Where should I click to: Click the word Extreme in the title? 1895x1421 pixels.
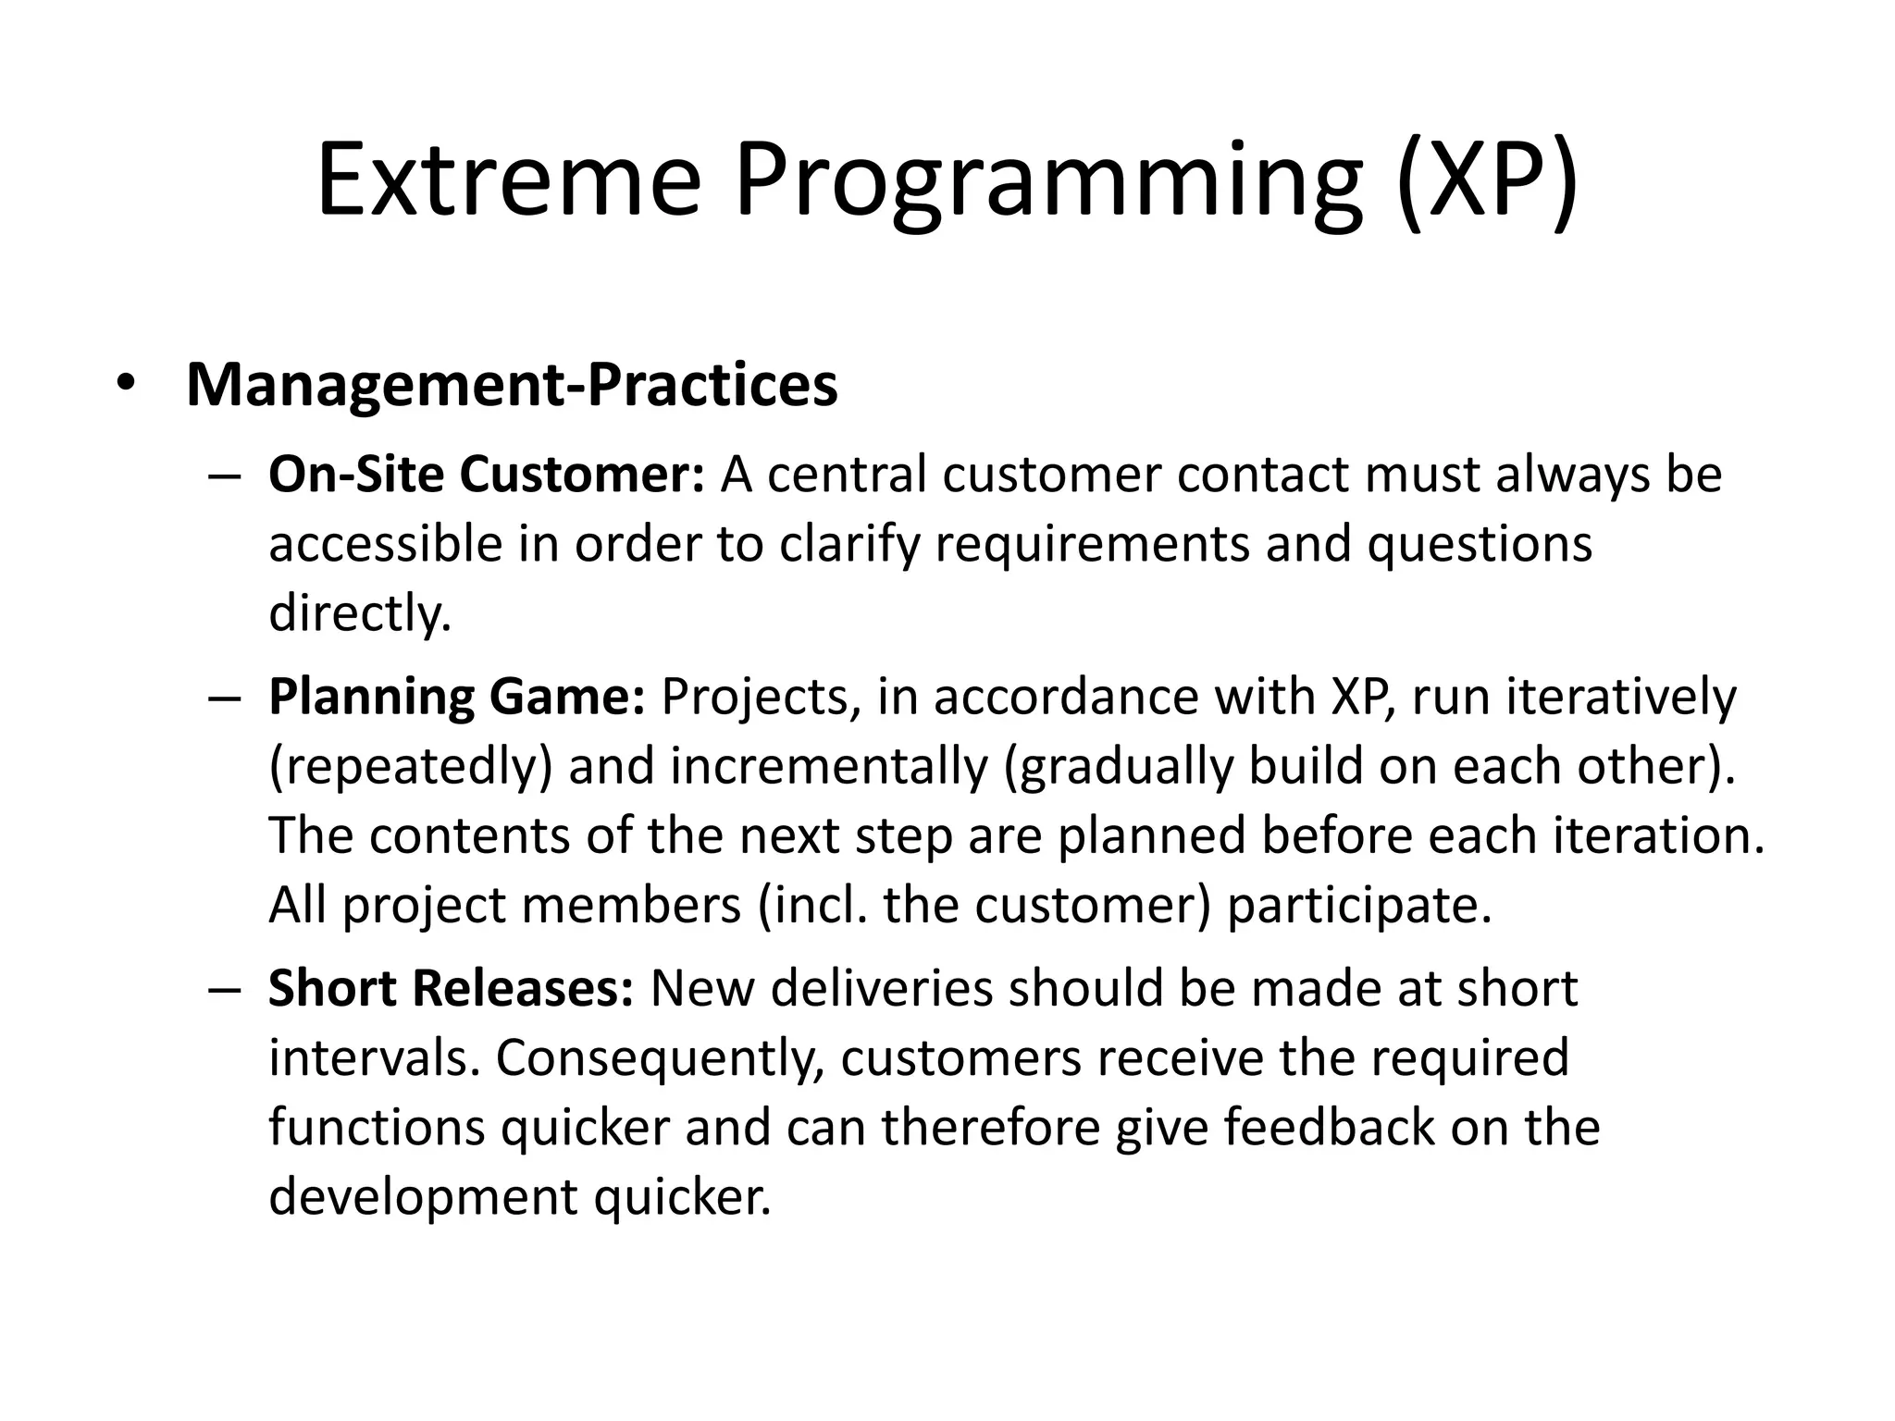(508, 181)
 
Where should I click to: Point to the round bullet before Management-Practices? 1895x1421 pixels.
(126, 383)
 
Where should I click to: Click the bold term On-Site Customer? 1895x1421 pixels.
(487, 475)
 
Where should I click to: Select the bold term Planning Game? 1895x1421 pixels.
(456, 697)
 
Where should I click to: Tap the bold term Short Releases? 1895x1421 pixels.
(451, 988)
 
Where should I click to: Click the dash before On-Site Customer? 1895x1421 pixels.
(225, 476)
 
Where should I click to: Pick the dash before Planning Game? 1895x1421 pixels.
(225, 698)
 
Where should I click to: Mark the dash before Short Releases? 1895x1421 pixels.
(225, 989)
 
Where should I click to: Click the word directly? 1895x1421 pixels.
(359, 612)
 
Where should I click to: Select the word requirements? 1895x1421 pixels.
(1092, 544)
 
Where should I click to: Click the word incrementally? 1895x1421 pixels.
(829, 766)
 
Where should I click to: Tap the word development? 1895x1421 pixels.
(422, 1197)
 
